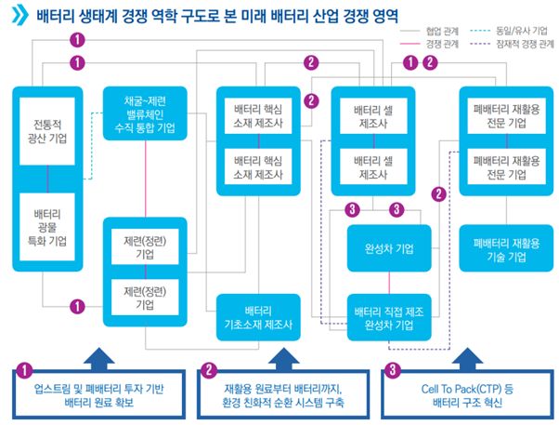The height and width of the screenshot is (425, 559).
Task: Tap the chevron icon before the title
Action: [x=19, y=16]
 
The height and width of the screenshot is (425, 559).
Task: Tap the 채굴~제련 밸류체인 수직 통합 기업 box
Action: [x=145, y=113]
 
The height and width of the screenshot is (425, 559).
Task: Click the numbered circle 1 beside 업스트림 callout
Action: [x=25, y=368]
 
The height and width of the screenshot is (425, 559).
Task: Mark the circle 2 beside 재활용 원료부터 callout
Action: [x=208, y=368]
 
